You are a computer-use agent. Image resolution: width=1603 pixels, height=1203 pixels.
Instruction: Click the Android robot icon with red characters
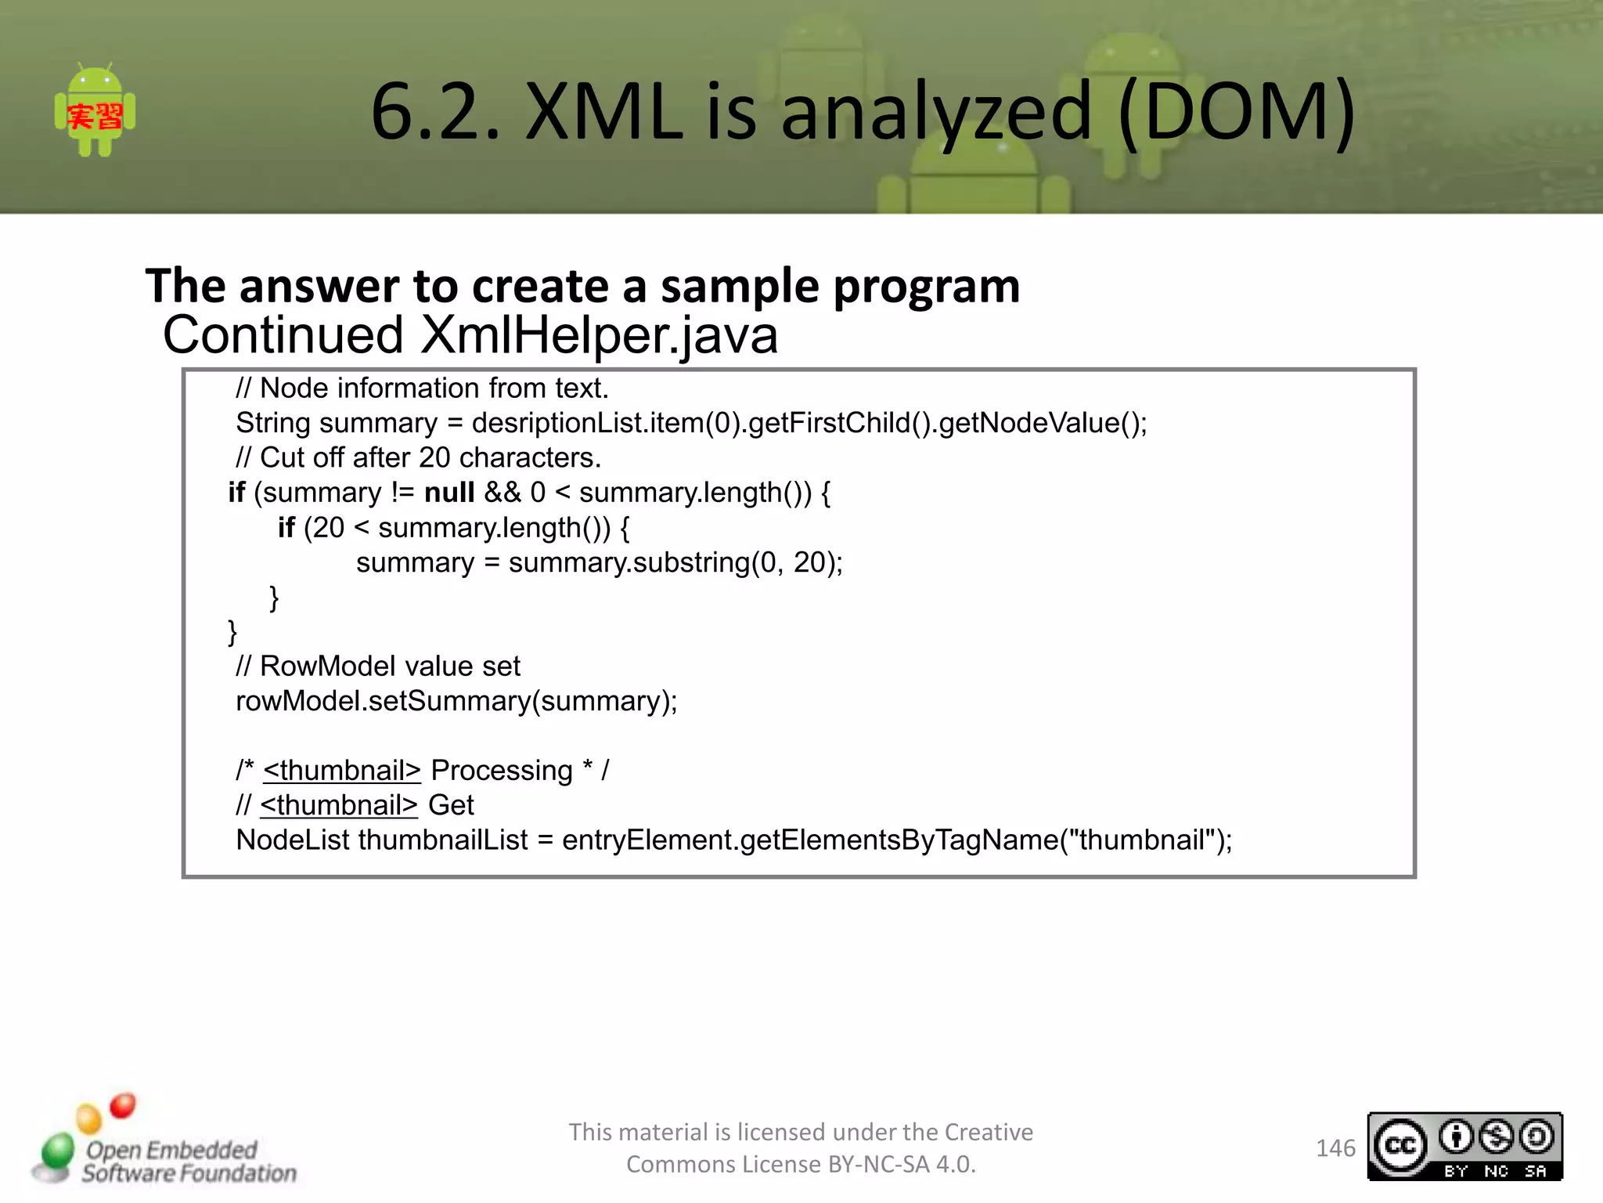[x=95, y=110]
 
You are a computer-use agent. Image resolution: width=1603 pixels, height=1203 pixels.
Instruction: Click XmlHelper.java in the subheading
[x=599, y=335]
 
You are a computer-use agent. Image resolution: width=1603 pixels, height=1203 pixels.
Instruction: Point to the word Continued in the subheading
[x=283, y=335]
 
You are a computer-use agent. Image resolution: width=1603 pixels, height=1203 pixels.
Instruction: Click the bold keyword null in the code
[x=449, y=493]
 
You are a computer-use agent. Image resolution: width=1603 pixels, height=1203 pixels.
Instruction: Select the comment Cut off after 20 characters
[x=419, y=457]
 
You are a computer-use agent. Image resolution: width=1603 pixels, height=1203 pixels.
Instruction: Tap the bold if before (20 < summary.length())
[x=286, y=528]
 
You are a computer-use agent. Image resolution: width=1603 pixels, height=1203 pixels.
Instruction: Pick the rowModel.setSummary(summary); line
[x=456, y=701]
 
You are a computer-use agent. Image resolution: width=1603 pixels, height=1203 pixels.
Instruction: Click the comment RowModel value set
[x=378, y=667]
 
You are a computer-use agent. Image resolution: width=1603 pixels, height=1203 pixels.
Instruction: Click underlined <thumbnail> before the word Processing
[x=342, y=771]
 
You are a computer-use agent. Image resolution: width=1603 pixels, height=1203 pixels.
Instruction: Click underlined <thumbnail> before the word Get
[x=339, y=805]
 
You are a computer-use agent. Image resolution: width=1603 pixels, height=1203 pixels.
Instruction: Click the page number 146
[x=1335, y=1148]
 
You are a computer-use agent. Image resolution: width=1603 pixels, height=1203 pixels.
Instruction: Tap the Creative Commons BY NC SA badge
[x=1464, y=1147]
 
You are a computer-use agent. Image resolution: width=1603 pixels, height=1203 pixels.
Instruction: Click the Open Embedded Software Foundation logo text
[x=188, y=1161]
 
